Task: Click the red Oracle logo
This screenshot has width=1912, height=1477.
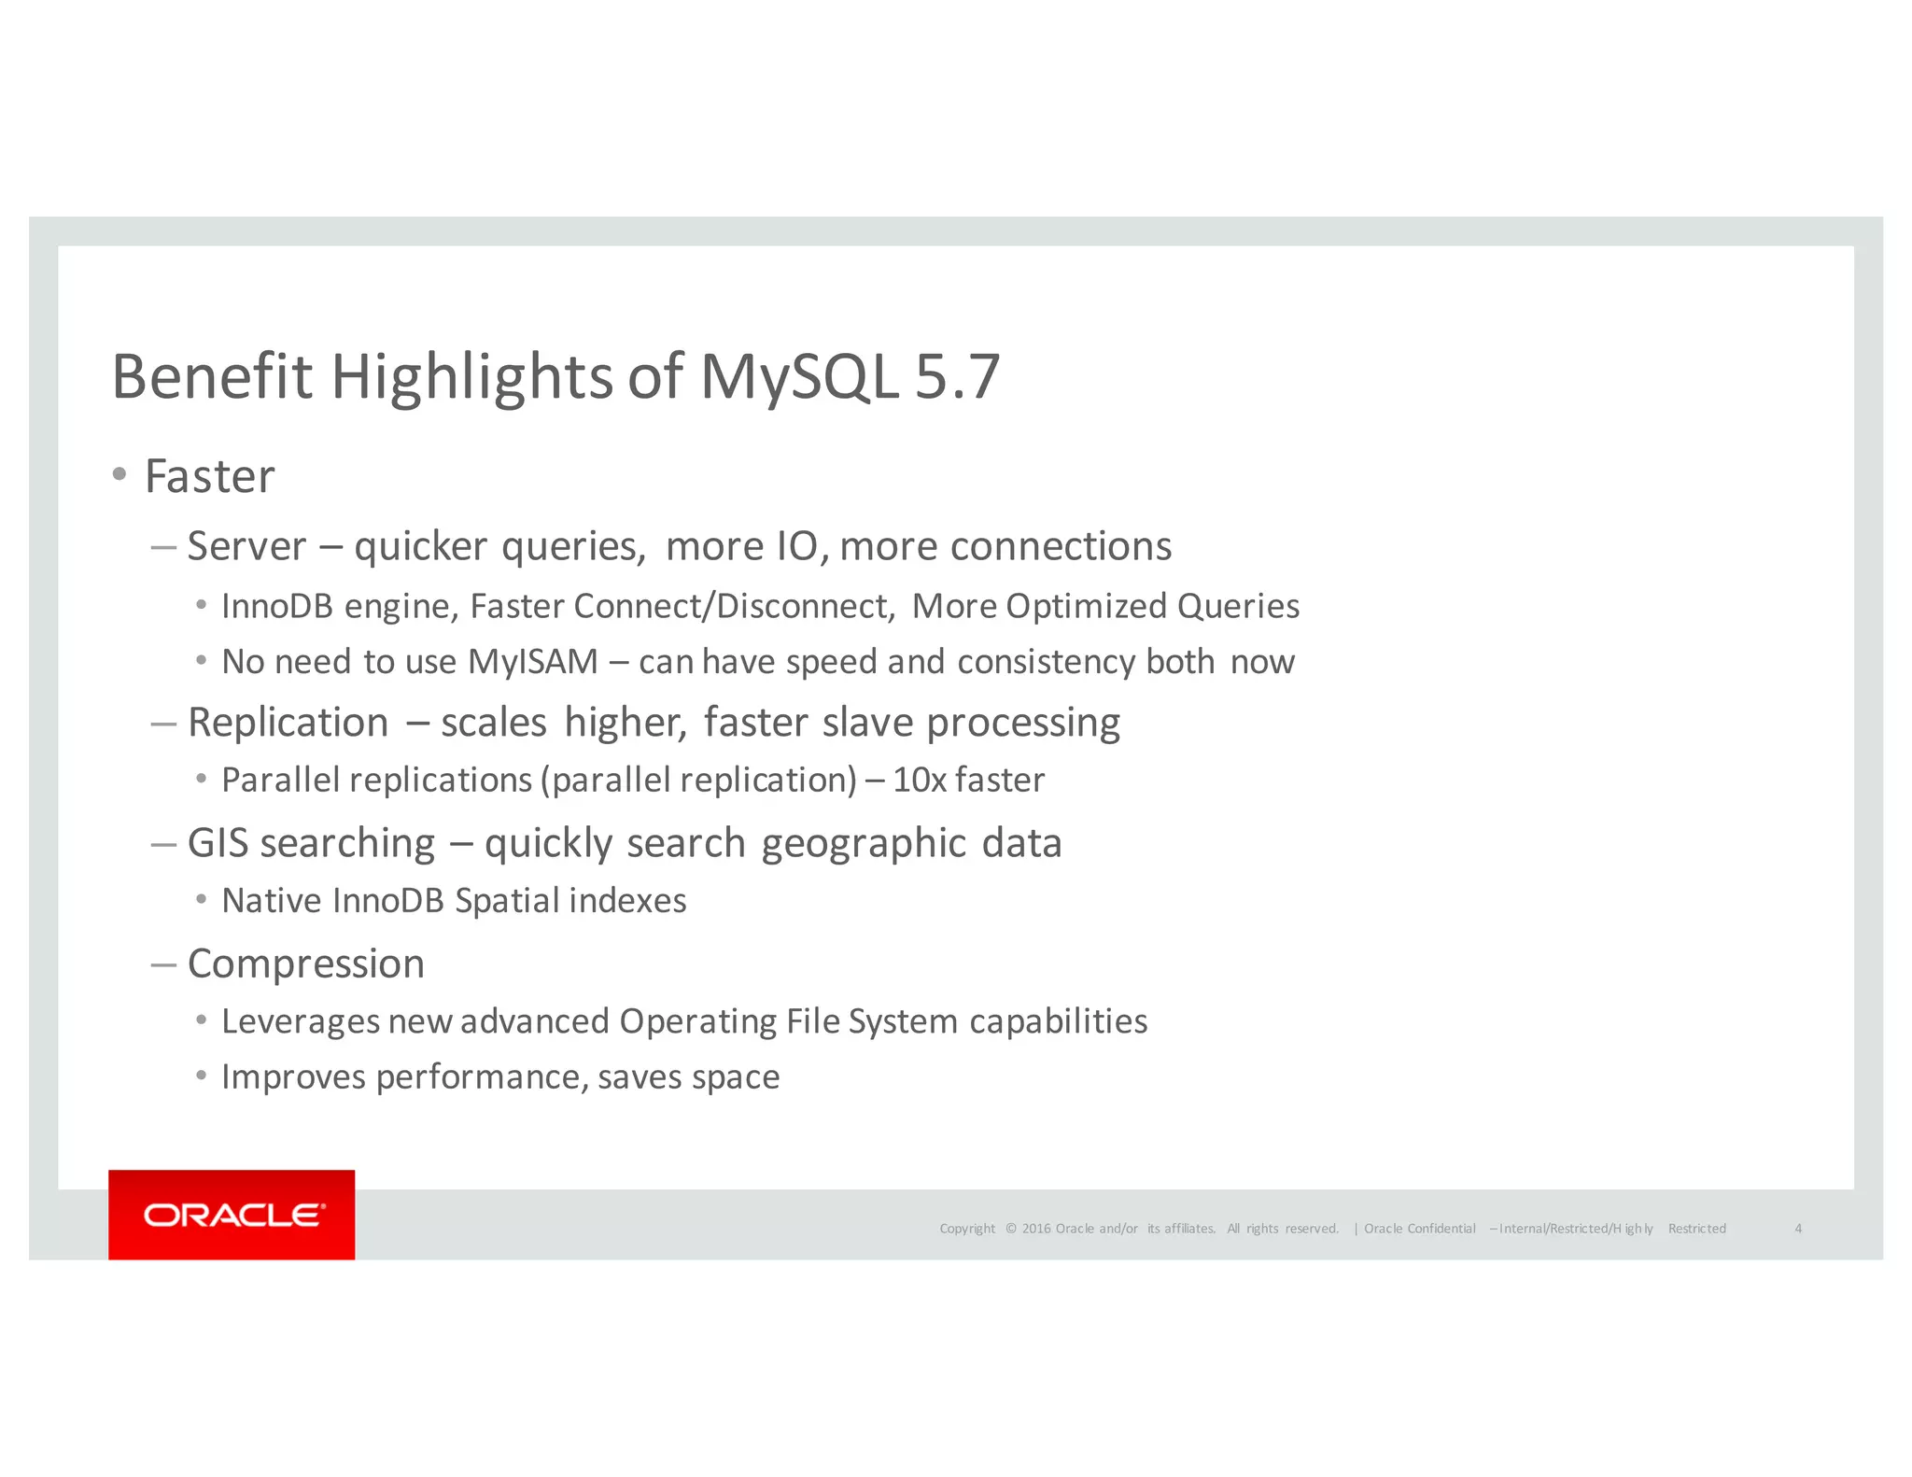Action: point(232,1215)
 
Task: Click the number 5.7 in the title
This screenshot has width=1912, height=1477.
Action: point(957,377)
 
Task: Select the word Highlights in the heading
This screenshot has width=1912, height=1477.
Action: point(471,377)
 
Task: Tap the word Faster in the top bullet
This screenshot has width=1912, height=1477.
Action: point(210,477)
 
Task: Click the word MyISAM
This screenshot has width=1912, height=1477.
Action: point(532,662)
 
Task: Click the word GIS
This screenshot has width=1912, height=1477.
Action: point(218,843)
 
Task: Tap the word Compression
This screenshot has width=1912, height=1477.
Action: point(306,964)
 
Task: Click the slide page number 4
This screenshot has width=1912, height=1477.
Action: point(1798,1229)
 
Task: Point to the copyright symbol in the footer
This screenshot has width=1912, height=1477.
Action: point(1011,1229)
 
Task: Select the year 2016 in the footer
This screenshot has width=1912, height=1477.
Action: point(1036,1229)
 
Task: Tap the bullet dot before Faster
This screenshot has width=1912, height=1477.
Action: point(119,475)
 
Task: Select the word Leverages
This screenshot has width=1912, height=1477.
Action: point(300,1022)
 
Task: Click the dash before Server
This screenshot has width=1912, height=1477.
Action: point(163,547)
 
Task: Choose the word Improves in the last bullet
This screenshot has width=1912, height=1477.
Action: point(293,1077)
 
